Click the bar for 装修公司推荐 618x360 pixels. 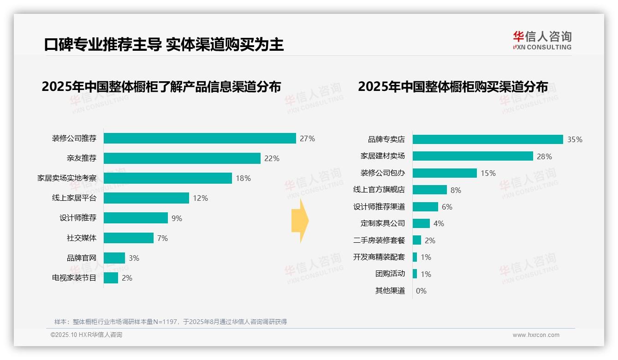pyautogui.click(x=200, y=138)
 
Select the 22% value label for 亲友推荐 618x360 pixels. pyautogui.click(x=272, y=158)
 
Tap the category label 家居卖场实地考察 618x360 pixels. pyautogui.click(x=67, y=178)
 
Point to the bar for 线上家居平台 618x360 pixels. pyautogui.click(x=146, y=198)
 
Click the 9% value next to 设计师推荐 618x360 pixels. pyautogui.click(x=177, y=218)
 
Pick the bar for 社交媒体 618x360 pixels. pyautogui.click(x=129, y=238)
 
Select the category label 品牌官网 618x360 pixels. pyautogui.click(x=82, y=258)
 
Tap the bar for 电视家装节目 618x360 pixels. pyautogui.click(x=111, y=278)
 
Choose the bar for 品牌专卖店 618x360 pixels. pyautogui.click(x=487, y=139)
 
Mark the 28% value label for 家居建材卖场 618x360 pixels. pyautogui.click(x=544, y=156)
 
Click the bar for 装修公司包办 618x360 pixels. pyautogui.click(x=445, y=173)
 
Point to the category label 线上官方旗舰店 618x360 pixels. pyautogui.click(x=379, y=190)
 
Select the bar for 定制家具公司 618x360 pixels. pyautogui.click(x=421, y=223)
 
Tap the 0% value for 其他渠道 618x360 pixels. pyautogui.click(x=421, y=291)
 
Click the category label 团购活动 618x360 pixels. pyautogui.click(x=390, y=274)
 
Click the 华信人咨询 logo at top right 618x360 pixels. pyautogui.click(x=542, y=40)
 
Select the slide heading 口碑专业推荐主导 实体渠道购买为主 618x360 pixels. pyautogui.click(x=164, y=44)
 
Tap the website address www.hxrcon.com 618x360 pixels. pyautogui.click(x=536, y=335)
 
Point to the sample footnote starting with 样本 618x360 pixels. pyautogui.click(x=171, y=322)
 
